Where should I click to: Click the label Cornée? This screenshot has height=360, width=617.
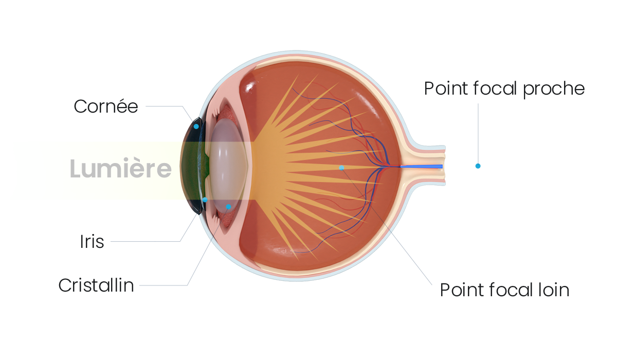tap(106, 106)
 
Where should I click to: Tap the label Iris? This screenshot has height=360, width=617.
tap(92, 242)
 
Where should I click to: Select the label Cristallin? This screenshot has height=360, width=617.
tap(96, 285)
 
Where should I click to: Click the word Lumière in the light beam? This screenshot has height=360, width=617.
tap(121, 168)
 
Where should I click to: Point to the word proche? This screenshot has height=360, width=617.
tap(554, 90)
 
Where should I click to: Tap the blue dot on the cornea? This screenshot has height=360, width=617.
tap(196, 127)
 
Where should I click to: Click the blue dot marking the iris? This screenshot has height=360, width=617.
tap(205, 200)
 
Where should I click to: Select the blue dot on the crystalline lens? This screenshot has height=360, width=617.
tap(228, 207)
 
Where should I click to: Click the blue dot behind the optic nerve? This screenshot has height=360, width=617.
tap(478, 166)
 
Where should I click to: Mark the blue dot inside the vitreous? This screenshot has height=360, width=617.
tap(341, 168)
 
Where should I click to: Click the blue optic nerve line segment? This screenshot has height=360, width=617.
tap(422, 166)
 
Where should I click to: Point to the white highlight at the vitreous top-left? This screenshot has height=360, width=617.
tap(250, 86)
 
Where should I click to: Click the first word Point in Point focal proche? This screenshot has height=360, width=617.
tap(446, 88)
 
